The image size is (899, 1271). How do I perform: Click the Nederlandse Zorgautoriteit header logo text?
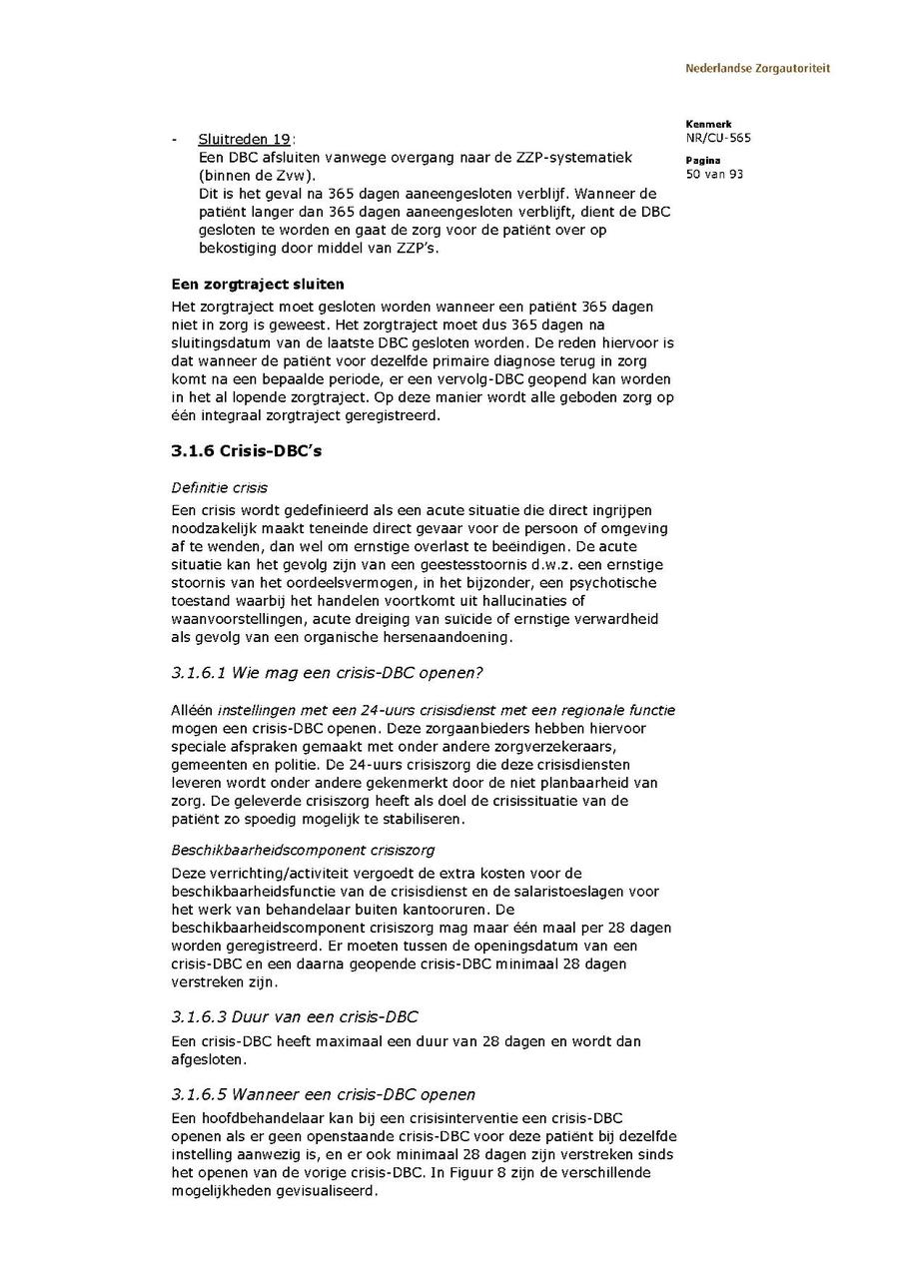[x=757, y=69]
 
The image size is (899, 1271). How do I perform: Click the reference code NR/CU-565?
[x=718, y=138]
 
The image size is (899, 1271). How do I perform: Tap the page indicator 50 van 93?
[x=715, y=174]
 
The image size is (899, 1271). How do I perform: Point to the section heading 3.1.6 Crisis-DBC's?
[x=246, y=451]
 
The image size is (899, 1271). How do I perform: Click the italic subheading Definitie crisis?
[x=220, y=488]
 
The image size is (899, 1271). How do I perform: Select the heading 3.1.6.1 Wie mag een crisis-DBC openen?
[x=327, y=673]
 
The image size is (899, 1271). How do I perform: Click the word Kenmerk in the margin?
[x=708, y=124]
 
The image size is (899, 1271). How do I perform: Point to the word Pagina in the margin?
[x=703, y=160]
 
